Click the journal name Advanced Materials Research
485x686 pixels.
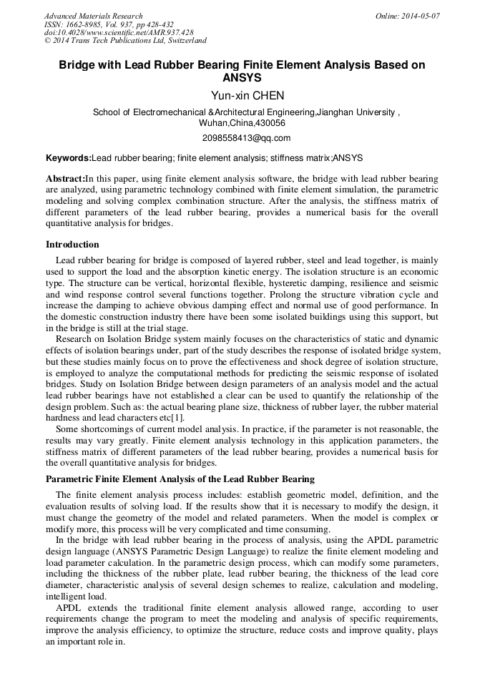(x=93, y=16)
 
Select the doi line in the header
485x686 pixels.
(x=119, y=33)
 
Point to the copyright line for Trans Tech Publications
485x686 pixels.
(x=125, y=41)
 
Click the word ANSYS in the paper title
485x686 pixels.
(x=242, y=78)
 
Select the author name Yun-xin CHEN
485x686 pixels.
(x=242, y=96)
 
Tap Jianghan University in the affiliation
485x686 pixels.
(x=356, y=112)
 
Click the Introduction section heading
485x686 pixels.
(x=72, y=245)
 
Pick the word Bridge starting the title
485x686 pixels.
(x=76, y=65)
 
